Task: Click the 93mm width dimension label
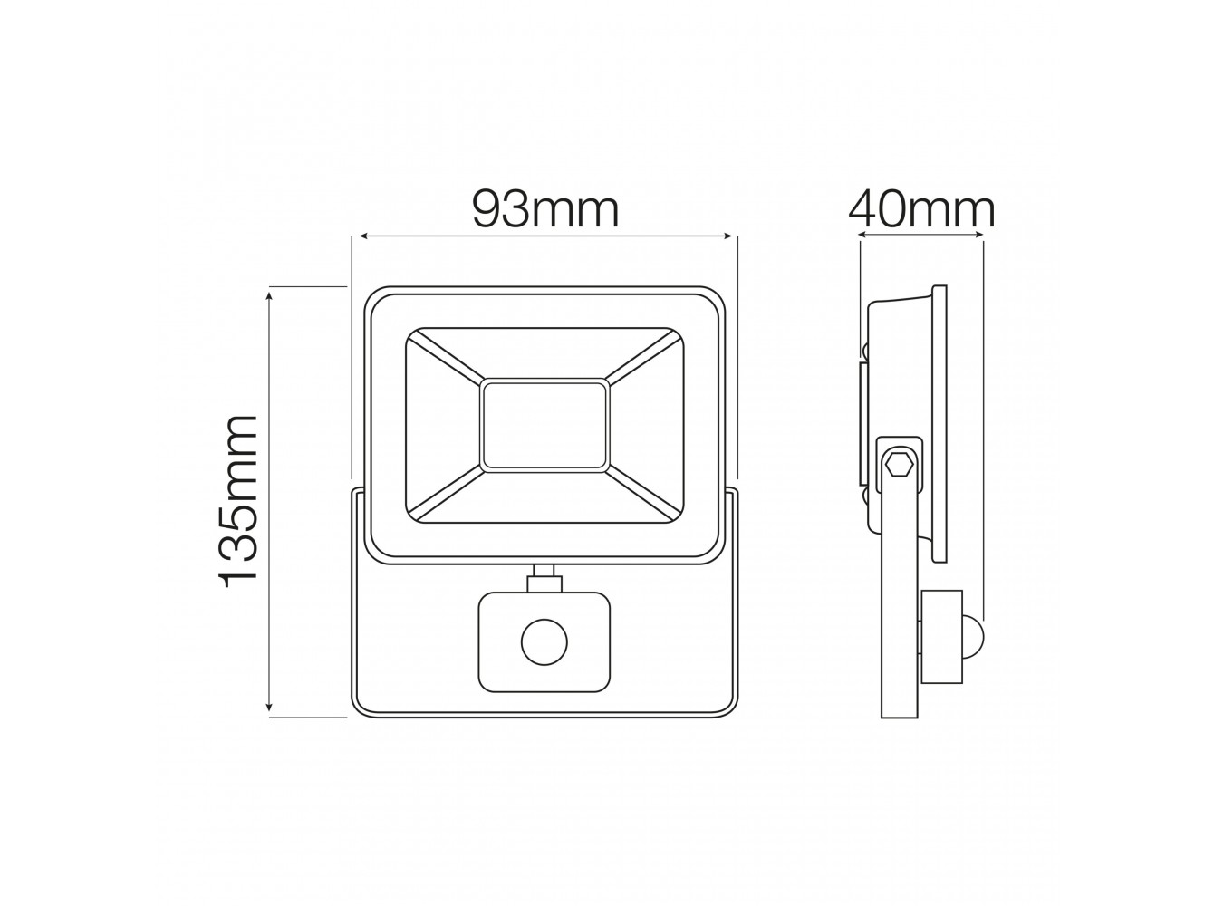[x=544, y=211]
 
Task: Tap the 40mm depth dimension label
[x=921, y=211]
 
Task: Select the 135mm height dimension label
[x=238, y=501]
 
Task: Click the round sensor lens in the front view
[x=544, y=642]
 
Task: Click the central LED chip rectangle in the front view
[x=544, y=426]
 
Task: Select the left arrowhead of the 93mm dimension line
[x=364, y=236]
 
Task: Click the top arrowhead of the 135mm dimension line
[x=269, y=297]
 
